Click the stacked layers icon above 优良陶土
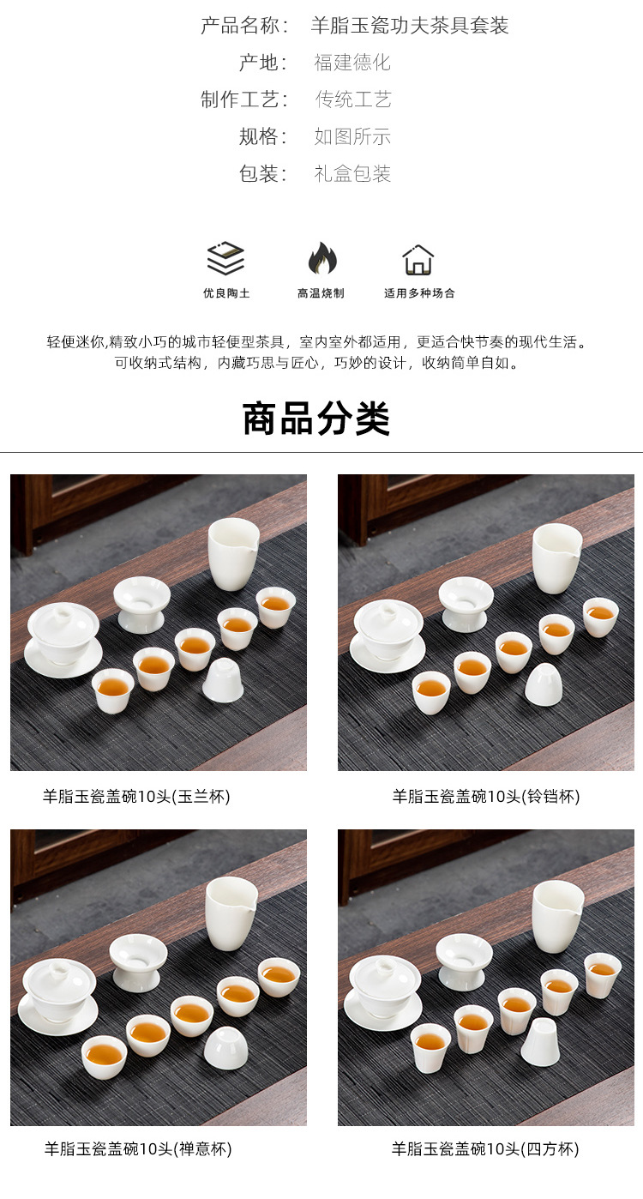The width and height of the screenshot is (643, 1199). point(225,258)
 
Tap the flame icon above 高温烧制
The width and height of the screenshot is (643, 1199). point(322,258)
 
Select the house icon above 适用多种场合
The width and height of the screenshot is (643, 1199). point(418,260)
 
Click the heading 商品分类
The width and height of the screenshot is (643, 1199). point(316,419)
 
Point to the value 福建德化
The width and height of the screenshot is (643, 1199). point(352,63)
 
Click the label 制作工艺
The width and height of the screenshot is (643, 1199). point(240,99)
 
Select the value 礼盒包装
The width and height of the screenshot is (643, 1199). point(352,173)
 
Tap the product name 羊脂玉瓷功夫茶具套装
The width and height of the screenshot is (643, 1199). point(410,25)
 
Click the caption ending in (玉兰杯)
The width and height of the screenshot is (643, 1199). point(136,797)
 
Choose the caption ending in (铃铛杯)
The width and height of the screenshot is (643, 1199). point(486,797)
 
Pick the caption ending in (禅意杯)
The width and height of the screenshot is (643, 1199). point(138,1148)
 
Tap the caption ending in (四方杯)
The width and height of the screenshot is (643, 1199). point(485,1148)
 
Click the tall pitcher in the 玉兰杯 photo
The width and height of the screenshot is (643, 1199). point(233,554)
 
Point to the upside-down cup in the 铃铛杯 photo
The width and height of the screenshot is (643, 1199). point(544,684)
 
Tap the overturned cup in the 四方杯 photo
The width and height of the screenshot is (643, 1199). point(540,1042)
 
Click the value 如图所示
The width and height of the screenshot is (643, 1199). point(352,136)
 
